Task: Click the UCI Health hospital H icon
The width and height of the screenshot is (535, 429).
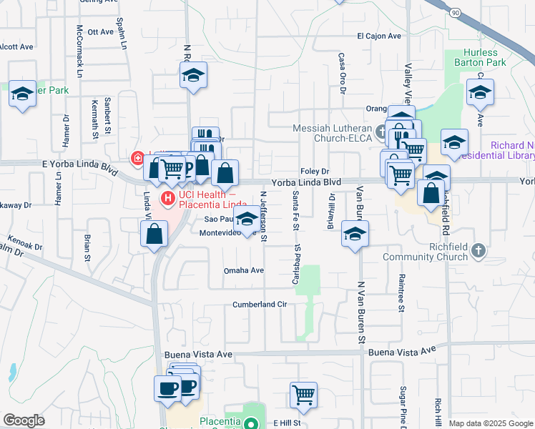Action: point(168,198)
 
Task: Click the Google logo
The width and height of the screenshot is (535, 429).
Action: point(24,420)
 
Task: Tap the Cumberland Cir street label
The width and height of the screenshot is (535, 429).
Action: point(259,305)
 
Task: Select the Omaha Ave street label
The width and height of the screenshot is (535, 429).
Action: point(244,271)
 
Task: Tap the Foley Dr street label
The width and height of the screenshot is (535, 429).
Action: point(315,172)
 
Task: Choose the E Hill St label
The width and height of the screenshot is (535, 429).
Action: point(289,423)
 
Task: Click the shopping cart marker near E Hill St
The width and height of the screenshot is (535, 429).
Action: point(304,394)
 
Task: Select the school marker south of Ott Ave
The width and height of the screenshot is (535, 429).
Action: point(193,75)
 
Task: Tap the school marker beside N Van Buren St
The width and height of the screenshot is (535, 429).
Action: point(355,234)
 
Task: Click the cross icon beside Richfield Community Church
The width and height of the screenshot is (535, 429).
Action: point(478,252)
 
